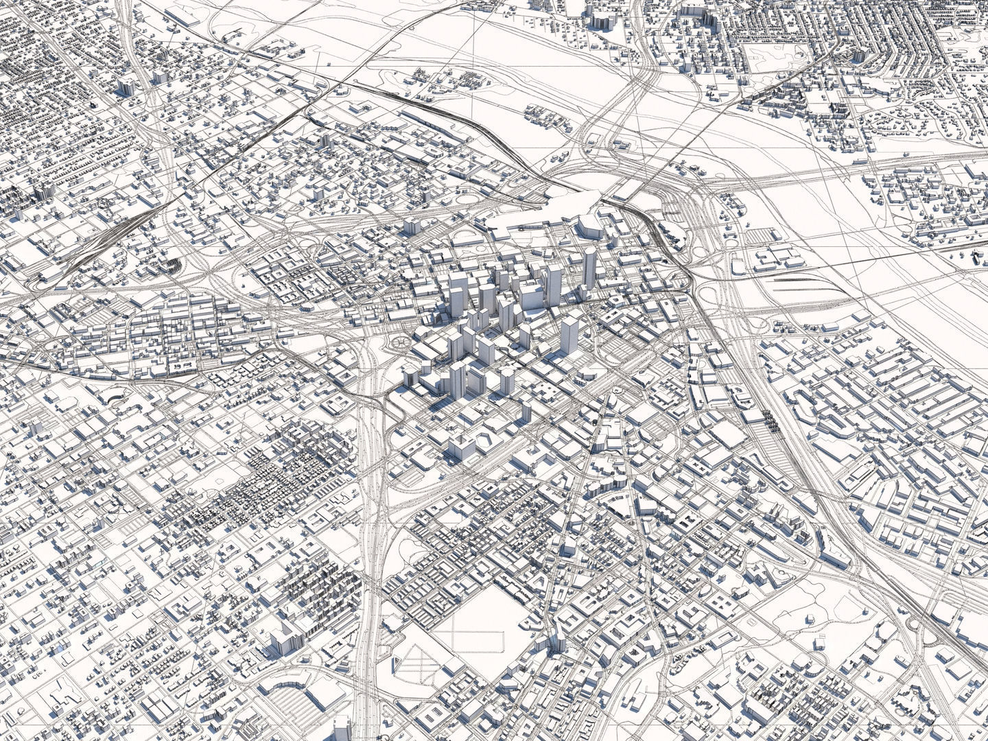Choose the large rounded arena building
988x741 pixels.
(589, 226)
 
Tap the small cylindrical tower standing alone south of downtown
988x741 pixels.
(526, 411)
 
